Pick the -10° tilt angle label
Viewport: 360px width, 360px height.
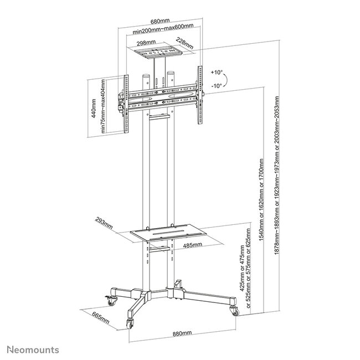(x=217, y=86)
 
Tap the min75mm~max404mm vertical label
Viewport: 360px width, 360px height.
(x=103, y=105)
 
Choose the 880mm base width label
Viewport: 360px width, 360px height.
(x=182, y=332)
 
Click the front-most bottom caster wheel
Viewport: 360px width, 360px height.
(x=132, y=323)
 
